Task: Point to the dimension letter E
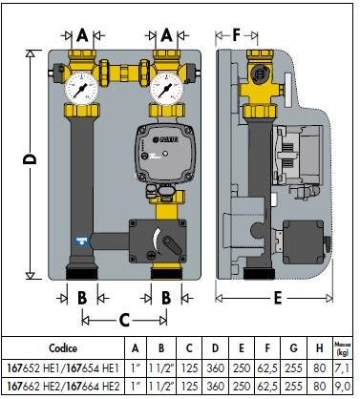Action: tap(277, 297)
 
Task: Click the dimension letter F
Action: tap(236, 36)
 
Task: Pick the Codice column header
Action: tap(63, 348)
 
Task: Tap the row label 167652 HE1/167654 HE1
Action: tap(63, 367)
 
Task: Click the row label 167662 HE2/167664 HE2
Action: tap(63, 387)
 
